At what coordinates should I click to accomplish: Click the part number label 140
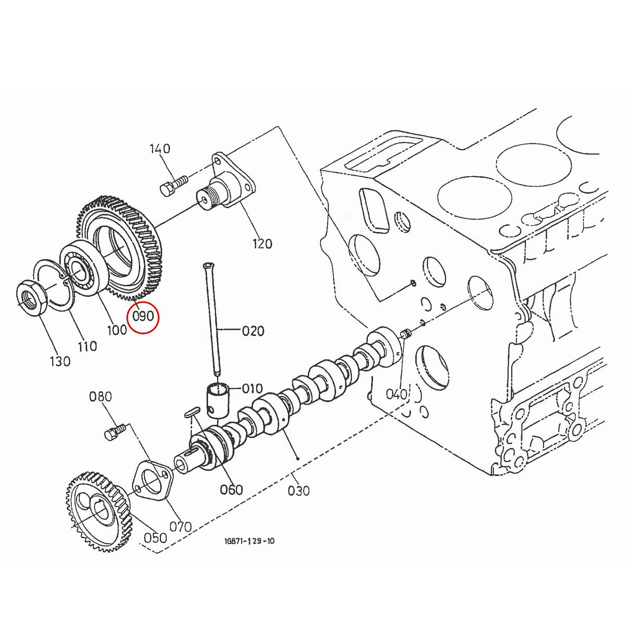tap(160, 149)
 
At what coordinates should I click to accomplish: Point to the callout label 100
tap(116, 330)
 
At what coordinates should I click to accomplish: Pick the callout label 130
tap(59, 361)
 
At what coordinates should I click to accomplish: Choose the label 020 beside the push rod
tap(253, 331)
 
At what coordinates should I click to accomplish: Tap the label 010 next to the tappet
tap(252, 389)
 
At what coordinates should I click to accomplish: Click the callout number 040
tap(396, 394)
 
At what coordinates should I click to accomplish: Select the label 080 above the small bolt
tap(101, 397)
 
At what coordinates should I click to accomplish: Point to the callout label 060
tap(231, 489)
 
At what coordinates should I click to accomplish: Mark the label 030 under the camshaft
tap(298, 490)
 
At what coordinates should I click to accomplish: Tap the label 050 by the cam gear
tap(155, 537)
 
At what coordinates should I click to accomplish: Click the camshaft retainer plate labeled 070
tap(152, 479)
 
